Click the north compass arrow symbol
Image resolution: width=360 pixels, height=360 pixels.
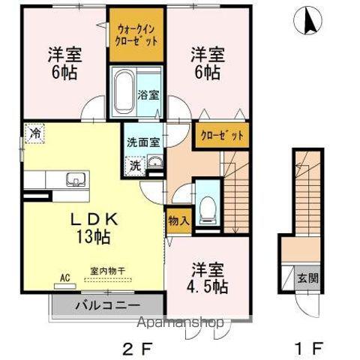pos(307,20)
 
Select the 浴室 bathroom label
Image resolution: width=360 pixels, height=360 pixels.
pos(148,95)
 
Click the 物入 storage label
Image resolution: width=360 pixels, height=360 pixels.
pos(178,221)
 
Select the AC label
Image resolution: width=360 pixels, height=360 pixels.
pos(64,277)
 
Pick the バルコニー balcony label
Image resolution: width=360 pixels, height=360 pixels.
pos(106,305)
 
